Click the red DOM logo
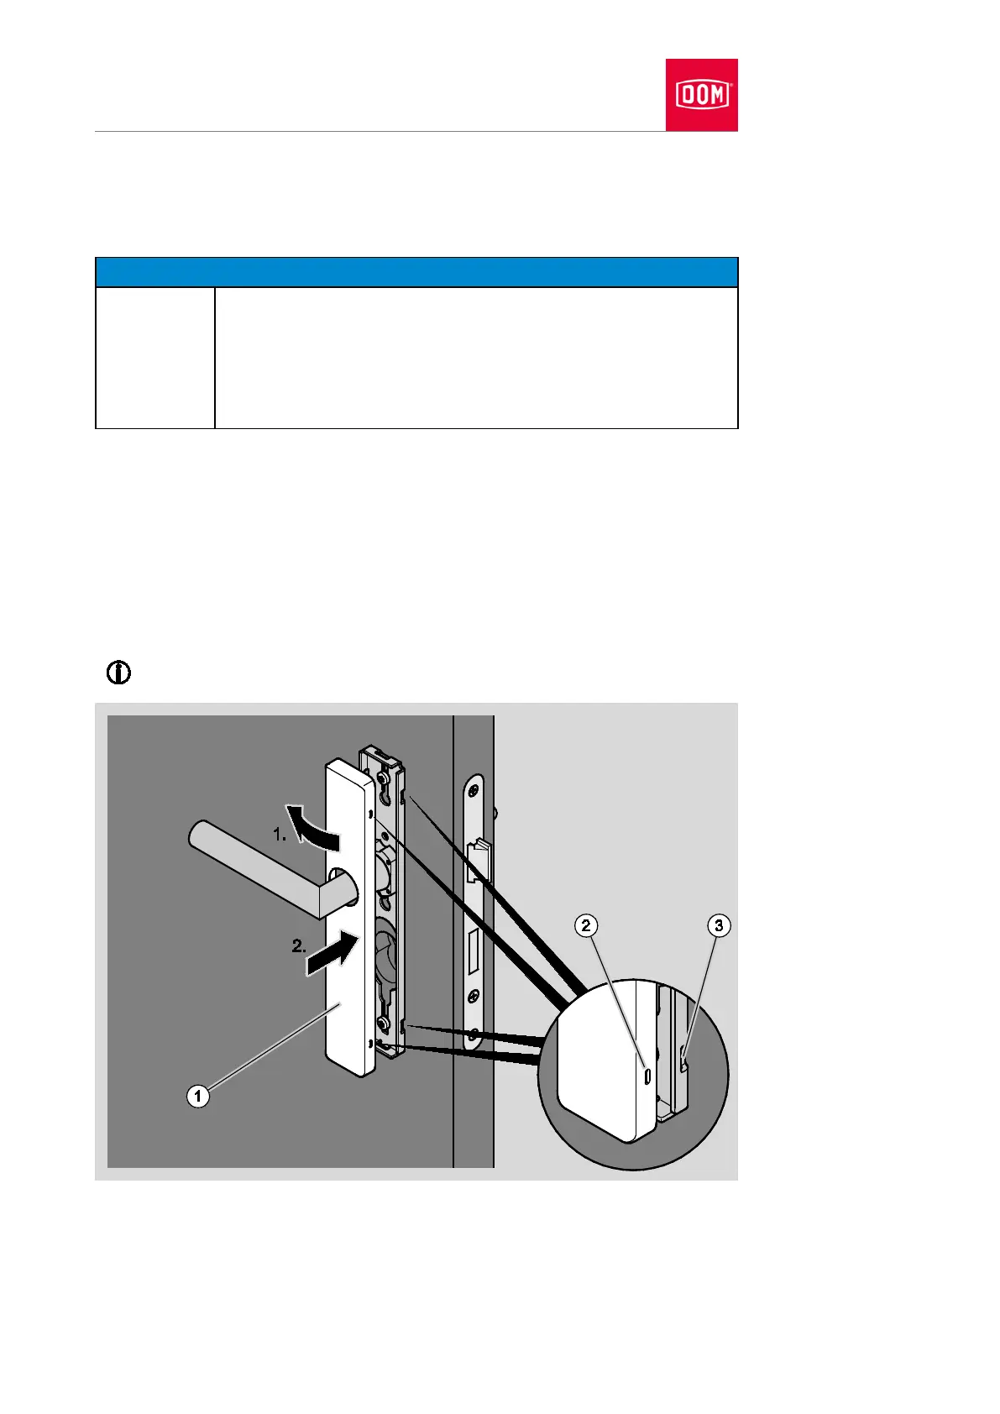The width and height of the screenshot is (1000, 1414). [701, 95]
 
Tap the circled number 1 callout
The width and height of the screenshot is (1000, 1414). [197, 1096]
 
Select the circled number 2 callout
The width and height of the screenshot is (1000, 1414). [586, 925]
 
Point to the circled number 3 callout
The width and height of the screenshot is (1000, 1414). [718, 925]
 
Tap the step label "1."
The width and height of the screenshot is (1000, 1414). [280, 835]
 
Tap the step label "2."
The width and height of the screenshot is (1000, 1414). [299, 945]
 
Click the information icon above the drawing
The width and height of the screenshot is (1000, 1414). [119, 672]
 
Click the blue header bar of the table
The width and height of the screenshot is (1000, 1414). [416, 272]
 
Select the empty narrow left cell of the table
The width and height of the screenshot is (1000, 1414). [154, 358]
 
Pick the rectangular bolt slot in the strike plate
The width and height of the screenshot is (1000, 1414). [474, 949]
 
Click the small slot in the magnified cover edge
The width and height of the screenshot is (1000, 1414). [646, 1076]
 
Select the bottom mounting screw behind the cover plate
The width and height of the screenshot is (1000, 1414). [383, 1024]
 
